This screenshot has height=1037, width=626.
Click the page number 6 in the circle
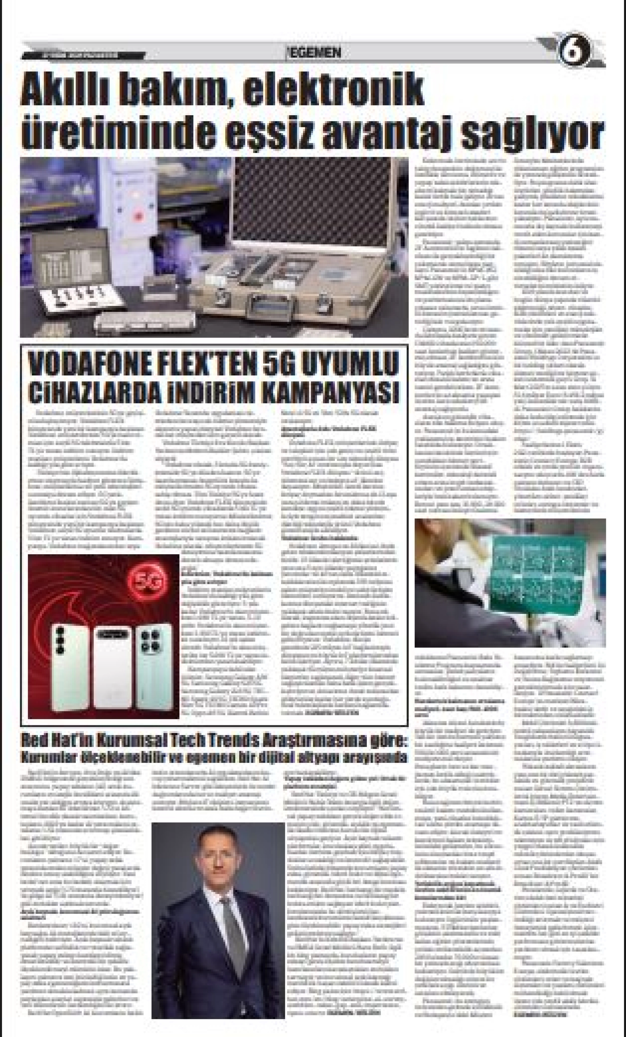pyautogui.click(x=575, y=51)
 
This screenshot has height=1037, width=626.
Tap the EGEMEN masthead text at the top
pyautogui.click(x=312, y=53)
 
